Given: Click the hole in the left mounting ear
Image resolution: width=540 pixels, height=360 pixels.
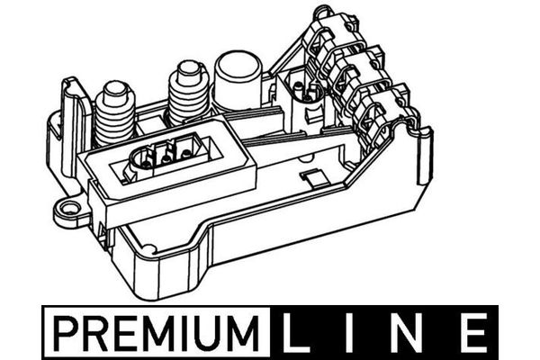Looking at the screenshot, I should tap(65, 213).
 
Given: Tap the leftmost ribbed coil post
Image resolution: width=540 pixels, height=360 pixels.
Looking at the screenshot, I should tap(114, 112).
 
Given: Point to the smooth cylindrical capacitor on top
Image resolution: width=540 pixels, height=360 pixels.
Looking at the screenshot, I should tap(238, 79).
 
